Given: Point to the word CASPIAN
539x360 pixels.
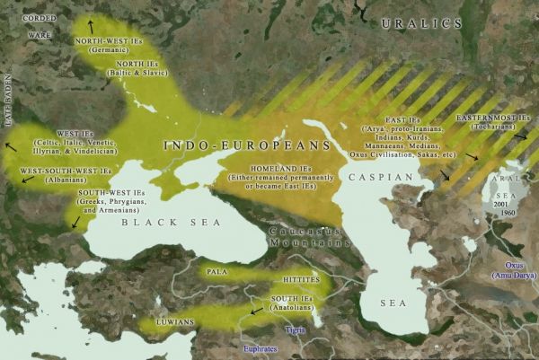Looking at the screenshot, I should (x=383, y=178).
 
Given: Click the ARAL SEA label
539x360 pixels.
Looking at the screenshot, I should (x=507, y=191).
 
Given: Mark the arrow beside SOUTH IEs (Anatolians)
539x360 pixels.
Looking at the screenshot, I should (x=258, y=310).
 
